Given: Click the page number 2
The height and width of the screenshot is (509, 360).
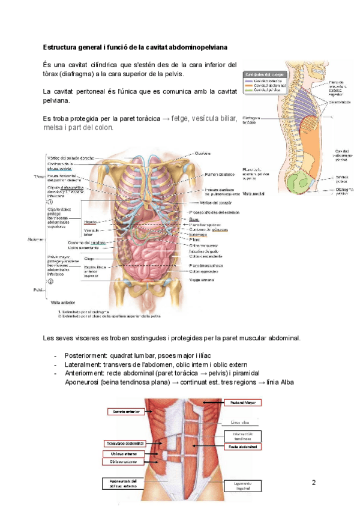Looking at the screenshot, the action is click(x=314, y=482).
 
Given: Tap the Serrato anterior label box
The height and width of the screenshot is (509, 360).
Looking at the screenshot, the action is click(x=124, y=412).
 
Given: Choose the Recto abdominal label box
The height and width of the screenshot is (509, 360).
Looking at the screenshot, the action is click(x=243, y=447).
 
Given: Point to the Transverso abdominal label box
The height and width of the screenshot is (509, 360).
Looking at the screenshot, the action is click(x=124, y=443).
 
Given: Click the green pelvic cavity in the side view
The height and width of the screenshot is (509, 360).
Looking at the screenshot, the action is click(x=297, y=180).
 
